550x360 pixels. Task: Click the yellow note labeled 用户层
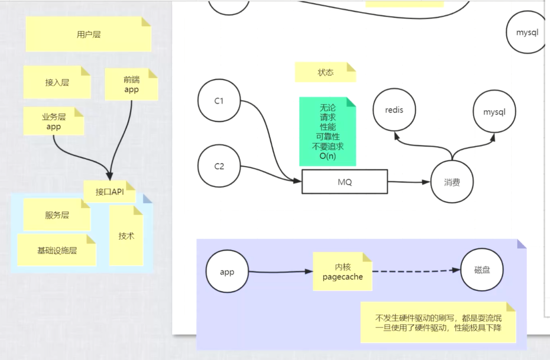[x=88, y=34]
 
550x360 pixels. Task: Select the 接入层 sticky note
[x=57, y=82]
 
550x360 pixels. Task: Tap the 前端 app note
[x=131, y=84]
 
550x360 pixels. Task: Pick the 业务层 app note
[x=54, y=121]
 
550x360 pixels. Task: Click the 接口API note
[x=109, y=192]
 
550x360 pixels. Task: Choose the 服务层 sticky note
[x=57, y=215]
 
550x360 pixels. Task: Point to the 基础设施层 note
[x=57, y=250]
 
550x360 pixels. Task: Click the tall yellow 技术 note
[x=126, y=236]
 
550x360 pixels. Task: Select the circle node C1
[x=219, y=101]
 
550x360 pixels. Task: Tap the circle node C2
[x=219, y=166]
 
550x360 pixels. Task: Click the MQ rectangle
[x=344, y=182]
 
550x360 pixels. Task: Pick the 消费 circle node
[x=452, y=182]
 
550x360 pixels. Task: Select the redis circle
[x=394, y=110]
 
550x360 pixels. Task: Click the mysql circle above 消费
[x=494, y=112]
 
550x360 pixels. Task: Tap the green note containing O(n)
[x=327, y=132]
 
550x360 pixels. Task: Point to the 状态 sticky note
[x=325, y=72]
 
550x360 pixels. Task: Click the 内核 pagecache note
[x=342, y=272]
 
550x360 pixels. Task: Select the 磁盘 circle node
[x=482, y=270]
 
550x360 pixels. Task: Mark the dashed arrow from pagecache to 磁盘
[x=416, y=271]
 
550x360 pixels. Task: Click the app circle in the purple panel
[x=227, y=272]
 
